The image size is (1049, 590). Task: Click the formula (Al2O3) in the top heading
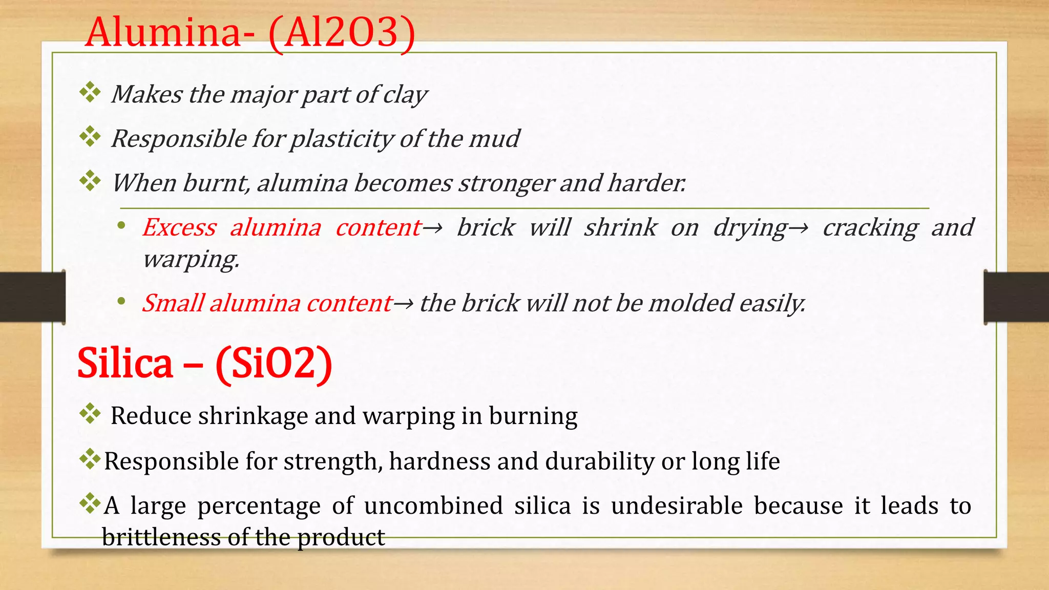coord(342,33)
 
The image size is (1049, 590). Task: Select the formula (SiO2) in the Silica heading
coord(274,363)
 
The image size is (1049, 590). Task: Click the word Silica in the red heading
coord(125,363)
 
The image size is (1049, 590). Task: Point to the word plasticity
coord(342,139)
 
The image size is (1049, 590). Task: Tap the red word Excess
coord(179,227)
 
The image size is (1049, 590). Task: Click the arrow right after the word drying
coord(798,227)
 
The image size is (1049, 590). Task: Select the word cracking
coord(870,228)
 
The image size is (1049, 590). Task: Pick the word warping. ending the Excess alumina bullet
coord(191,259)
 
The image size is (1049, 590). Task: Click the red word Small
coord(173,303)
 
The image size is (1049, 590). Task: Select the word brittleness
coord(161,537)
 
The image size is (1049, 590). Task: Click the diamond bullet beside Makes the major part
coord(90,92)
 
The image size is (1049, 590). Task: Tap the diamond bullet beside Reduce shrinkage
coord(90,413)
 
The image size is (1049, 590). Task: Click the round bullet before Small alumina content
coord(121,302)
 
